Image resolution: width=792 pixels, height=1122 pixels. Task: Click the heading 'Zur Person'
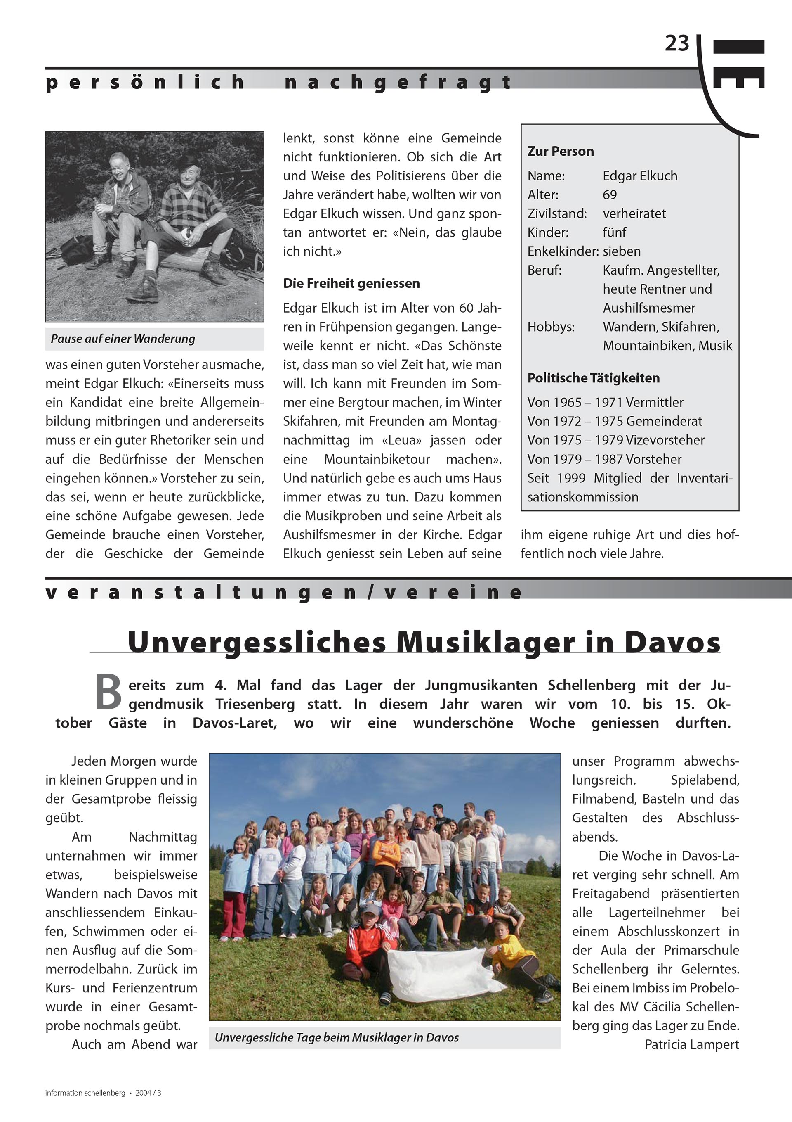(561, 152)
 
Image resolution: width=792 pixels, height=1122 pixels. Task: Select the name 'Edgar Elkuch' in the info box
(640, 176)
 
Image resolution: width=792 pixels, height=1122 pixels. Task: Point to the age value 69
(610, 195)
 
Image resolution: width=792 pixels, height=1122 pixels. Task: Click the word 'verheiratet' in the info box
(634, 213)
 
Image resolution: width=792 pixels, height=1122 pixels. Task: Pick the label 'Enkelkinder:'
(563, 251)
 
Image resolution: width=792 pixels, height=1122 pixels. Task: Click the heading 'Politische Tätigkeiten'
(593, 378)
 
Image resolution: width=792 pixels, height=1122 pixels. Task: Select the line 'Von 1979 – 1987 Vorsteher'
(604, 459)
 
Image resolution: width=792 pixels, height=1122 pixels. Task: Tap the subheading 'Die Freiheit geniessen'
(351, 283)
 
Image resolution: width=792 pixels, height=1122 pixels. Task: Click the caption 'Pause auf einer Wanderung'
(123, 339)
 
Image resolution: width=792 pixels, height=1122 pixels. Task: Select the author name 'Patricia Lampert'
(691, 1044)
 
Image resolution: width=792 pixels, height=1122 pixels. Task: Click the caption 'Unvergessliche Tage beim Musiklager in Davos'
(337, 1037)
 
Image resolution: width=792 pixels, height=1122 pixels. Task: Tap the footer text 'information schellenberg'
(85, 1093)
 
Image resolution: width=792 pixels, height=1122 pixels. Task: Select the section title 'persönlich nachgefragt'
(278, 82)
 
